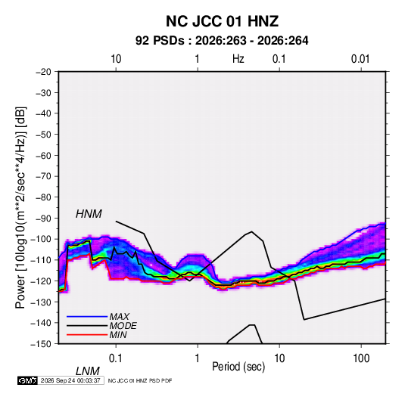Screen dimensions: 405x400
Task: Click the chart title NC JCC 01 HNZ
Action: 222,21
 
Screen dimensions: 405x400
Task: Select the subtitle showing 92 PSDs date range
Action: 222,41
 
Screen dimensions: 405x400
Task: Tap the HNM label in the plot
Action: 89,214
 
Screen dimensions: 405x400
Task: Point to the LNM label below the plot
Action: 88,371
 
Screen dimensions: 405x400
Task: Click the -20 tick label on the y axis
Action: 43,72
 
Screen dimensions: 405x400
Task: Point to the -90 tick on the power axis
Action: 43,219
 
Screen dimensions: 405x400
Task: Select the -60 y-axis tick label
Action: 43,156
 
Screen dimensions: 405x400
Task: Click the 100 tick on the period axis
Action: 361,358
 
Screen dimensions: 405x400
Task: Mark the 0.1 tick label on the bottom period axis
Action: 115,358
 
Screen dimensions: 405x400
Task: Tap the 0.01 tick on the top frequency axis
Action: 360,59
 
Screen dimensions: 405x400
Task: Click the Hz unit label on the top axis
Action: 238,59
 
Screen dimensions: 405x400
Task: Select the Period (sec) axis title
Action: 238,367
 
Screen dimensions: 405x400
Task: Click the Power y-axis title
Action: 20,208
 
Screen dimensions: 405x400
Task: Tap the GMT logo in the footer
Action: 27,380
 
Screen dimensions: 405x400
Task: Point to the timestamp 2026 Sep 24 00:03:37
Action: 70,380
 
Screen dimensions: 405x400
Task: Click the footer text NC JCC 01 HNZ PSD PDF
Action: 140,380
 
